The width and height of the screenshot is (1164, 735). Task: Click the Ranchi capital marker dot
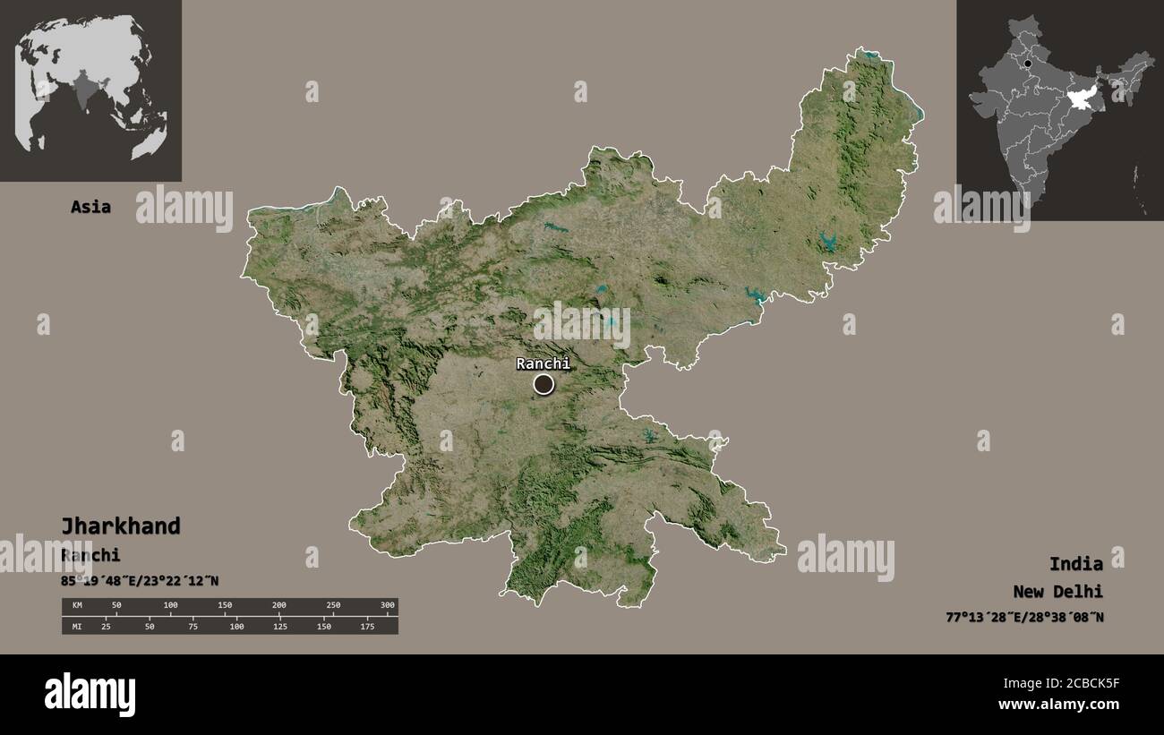click(x=543, y=384)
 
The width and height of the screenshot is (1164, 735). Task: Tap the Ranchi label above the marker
click(x=543, y=363)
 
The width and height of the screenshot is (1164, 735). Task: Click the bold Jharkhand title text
click(x=121, y=526)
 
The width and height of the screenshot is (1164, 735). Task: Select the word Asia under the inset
click(x=90, y=207)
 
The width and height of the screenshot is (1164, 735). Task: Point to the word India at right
click(x=1076, y=563)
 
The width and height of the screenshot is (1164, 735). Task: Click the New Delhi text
click(x=1058, y=591)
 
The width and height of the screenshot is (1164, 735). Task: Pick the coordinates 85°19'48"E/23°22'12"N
click(x=140, y=581)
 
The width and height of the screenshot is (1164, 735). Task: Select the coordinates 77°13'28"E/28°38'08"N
click(x=1024, y=617)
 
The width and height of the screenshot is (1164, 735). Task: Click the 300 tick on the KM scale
click(x=387, y=606)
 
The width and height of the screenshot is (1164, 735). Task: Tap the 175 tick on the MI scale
click(x=367, y=626)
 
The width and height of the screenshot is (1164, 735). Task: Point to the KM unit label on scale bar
click(x=77, y=606)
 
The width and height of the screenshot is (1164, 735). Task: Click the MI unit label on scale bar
click(x=77, y=626)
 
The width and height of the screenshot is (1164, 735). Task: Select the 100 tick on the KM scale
click(x=170, y=606)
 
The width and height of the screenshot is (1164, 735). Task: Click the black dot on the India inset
click(x=1028, y=64)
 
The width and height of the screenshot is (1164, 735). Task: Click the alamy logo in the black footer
click(x=90, y=694)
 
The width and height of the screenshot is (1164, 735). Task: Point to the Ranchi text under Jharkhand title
click(x=90, y=555)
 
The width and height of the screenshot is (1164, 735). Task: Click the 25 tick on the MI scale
click(x=106, y=626)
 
